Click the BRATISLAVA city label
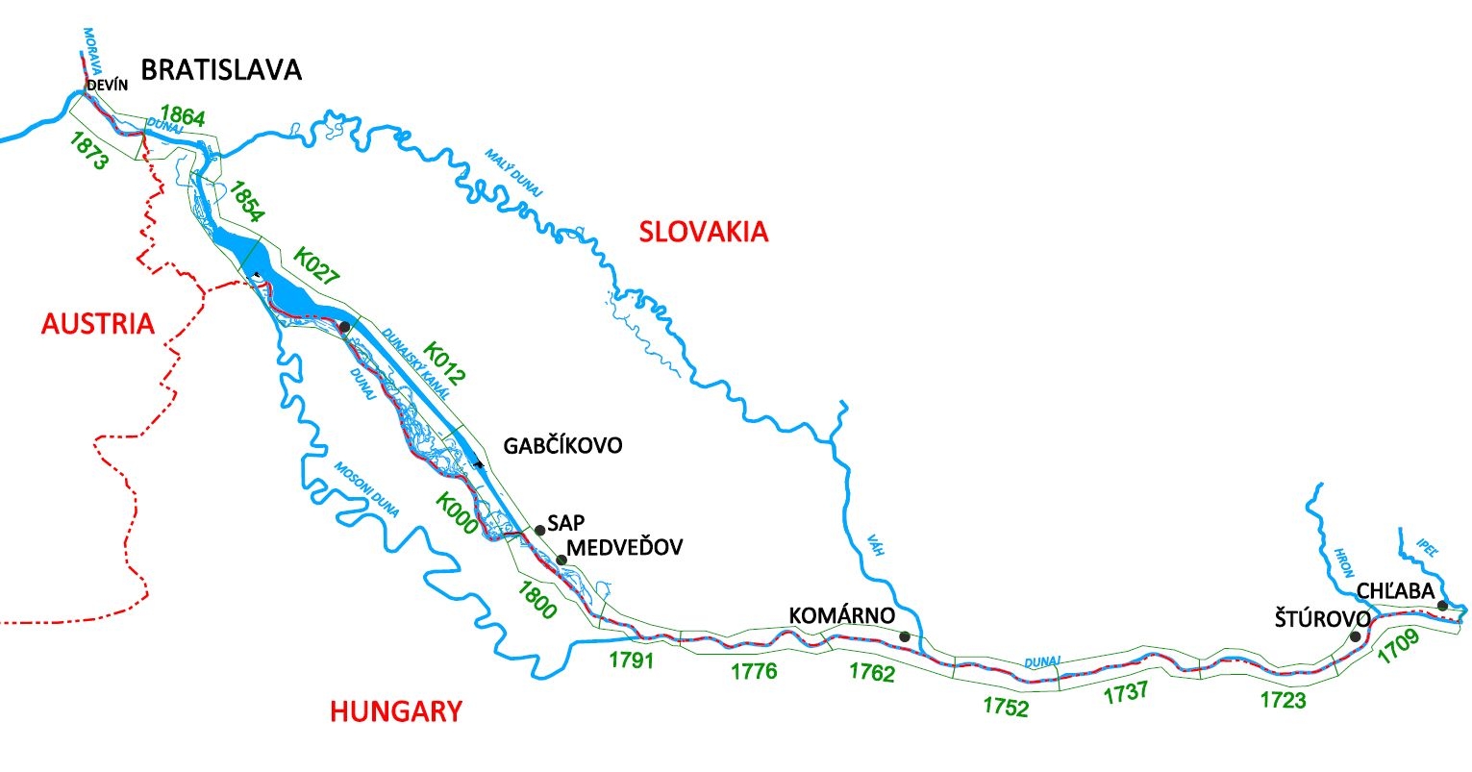(221, 69)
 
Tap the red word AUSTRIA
(98, 324)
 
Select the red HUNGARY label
(396, 711)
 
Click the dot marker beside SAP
(539, 530)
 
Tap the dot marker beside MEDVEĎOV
(561, 560)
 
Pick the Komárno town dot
(904, 635)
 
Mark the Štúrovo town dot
(1355, 635)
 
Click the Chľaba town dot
(1442, 605)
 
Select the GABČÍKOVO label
(562, 446)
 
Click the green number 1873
(88, 151)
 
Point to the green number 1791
(632, 660)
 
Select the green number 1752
(1006, 707)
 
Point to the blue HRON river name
(1344, 563)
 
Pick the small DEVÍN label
(108, 87)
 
